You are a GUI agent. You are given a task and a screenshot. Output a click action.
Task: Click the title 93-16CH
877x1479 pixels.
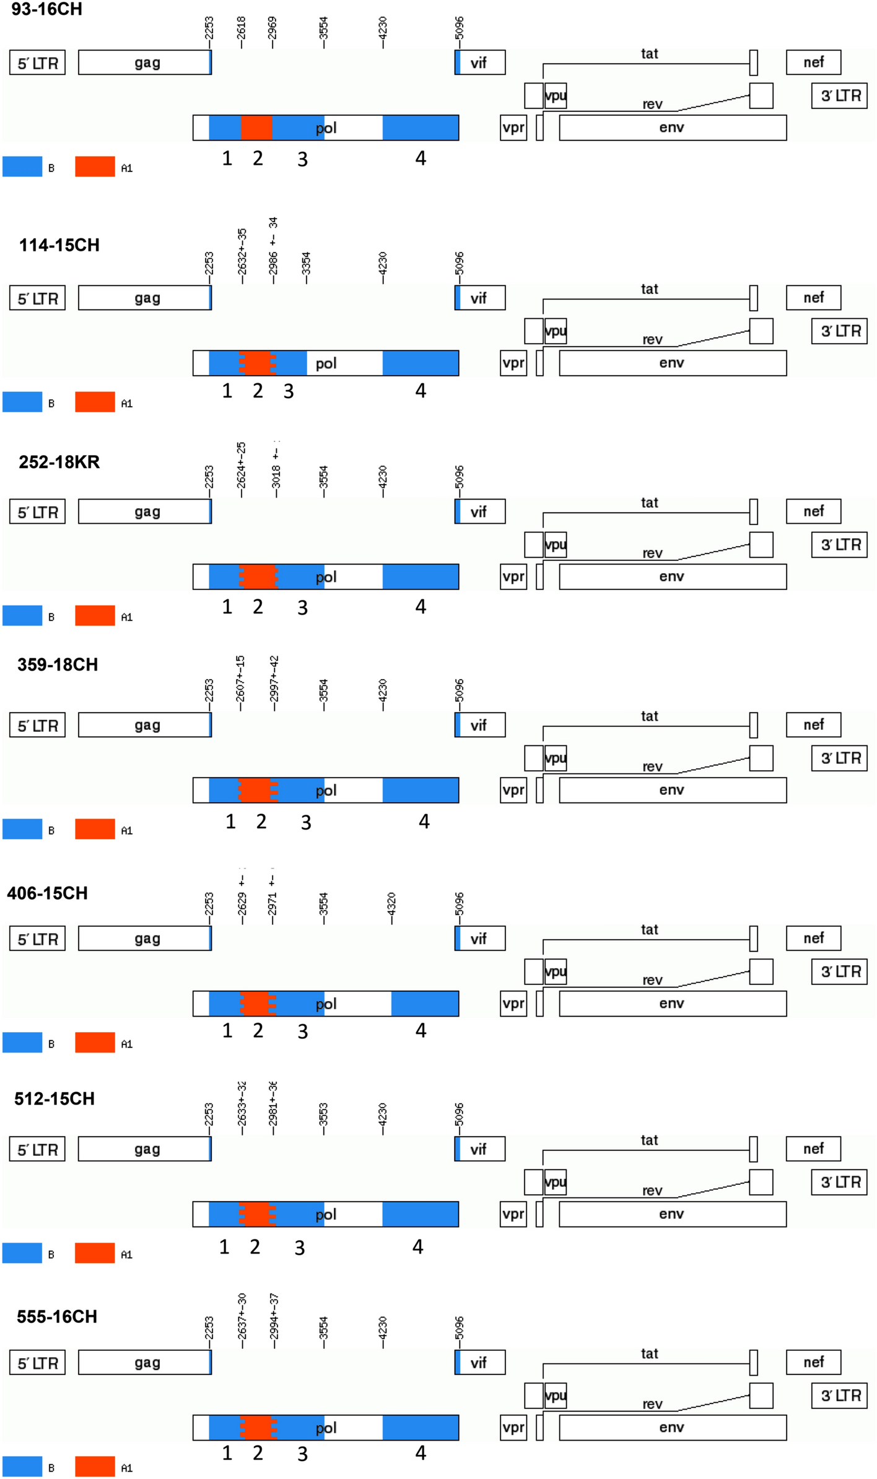(x=46, y=9)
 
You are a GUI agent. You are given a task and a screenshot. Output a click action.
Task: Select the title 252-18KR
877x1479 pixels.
(x=59, y=462)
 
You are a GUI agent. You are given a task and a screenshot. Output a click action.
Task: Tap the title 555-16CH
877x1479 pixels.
(x=57, y=1316)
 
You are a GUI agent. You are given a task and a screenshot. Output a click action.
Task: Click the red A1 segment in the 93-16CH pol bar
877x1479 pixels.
(x=256, y=128)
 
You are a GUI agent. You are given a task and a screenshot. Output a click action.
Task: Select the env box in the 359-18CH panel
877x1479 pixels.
(x=673, y=790)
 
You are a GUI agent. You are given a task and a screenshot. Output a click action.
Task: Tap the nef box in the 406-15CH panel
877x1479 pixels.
(x=813, y=939)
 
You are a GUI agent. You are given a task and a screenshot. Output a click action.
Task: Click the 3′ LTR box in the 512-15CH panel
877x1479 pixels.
(x=840, y=1182)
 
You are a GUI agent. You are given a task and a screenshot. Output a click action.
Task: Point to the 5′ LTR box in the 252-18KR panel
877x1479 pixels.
(x=37, y=512)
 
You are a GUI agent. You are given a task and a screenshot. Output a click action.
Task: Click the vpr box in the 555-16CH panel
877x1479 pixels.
(x=513, y=1428)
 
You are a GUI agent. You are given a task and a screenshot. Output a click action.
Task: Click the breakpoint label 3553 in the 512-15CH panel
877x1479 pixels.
(x=323, y=1115)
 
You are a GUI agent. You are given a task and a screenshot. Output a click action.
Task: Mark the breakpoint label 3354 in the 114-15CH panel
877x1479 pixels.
(x=305, y=265)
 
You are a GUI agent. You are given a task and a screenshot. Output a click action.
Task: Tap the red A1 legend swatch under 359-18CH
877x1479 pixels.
(x=95, y=829)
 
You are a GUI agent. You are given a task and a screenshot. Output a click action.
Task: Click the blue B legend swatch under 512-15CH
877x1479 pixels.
(x=22, y=1253)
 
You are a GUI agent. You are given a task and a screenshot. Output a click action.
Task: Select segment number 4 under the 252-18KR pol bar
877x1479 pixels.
(x=421, y=607)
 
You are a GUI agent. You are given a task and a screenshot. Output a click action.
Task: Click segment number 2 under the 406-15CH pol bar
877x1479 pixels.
(x=258, y=1030)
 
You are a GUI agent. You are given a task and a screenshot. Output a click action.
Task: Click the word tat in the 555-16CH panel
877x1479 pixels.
(x=649, y=1353)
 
